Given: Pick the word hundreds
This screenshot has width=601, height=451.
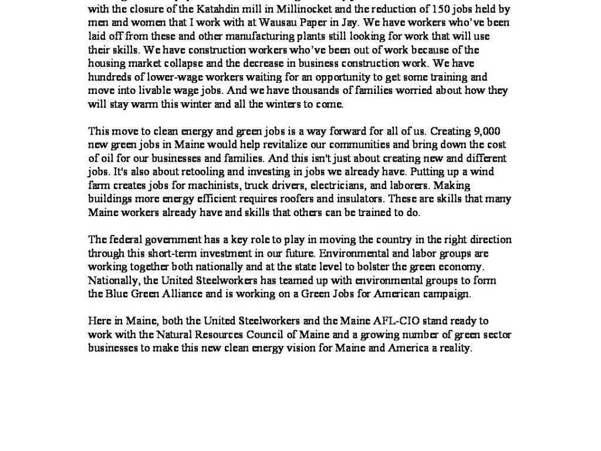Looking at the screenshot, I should [108, 77].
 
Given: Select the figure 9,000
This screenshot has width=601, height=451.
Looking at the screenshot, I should [482, 131].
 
